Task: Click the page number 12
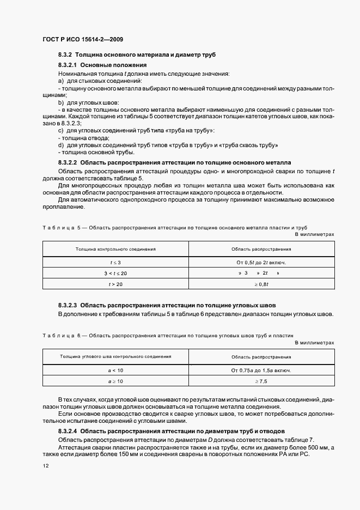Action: (45, 466)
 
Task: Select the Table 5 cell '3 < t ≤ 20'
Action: (115, 273)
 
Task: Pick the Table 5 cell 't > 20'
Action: (115, 284)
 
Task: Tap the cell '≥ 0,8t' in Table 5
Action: (261, 284)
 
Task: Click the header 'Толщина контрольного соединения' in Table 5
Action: (115, 249)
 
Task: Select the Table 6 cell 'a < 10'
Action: (115, 371)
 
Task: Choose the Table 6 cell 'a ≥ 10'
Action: (115, 381)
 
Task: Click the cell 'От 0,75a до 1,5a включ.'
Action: (261, 371)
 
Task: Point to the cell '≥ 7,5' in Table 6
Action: (261, 381)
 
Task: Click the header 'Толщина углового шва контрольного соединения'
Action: (115, 356)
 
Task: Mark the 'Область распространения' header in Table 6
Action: (261, 357)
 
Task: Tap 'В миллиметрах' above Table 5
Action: (314, 234)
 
